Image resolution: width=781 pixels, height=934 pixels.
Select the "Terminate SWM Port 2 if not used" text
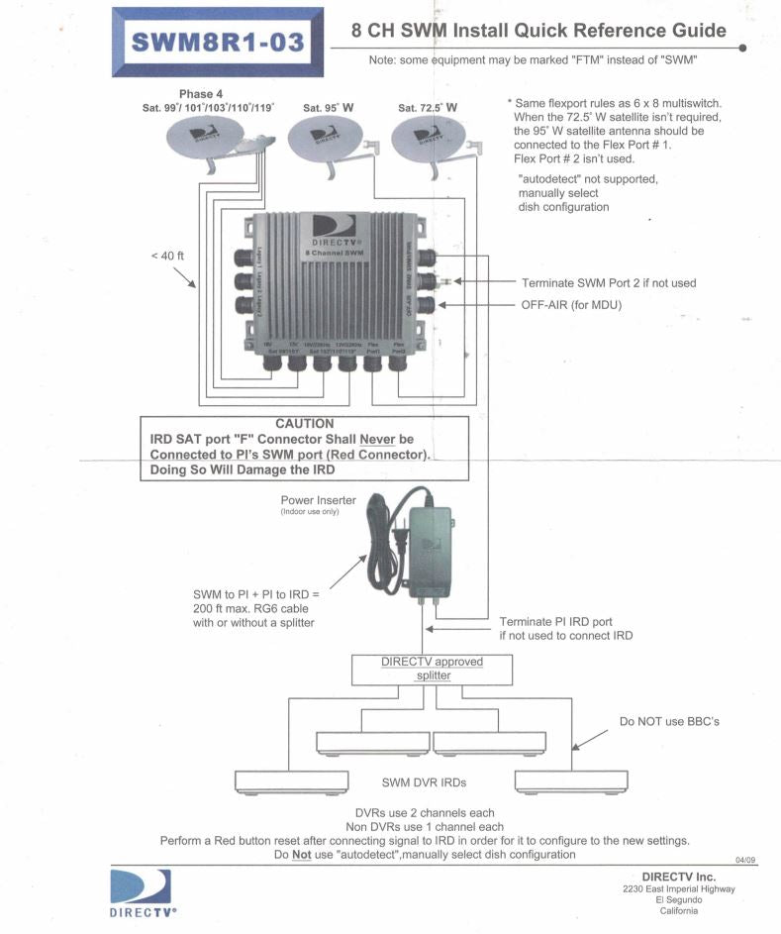click(x=607, y=282)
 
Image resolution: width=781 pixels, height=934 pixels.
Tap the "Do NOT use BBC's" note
click(x=668, y=721)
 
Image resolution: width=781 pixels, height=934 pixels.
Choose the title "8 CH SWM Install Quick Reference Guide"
click(x=538, y=32)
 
